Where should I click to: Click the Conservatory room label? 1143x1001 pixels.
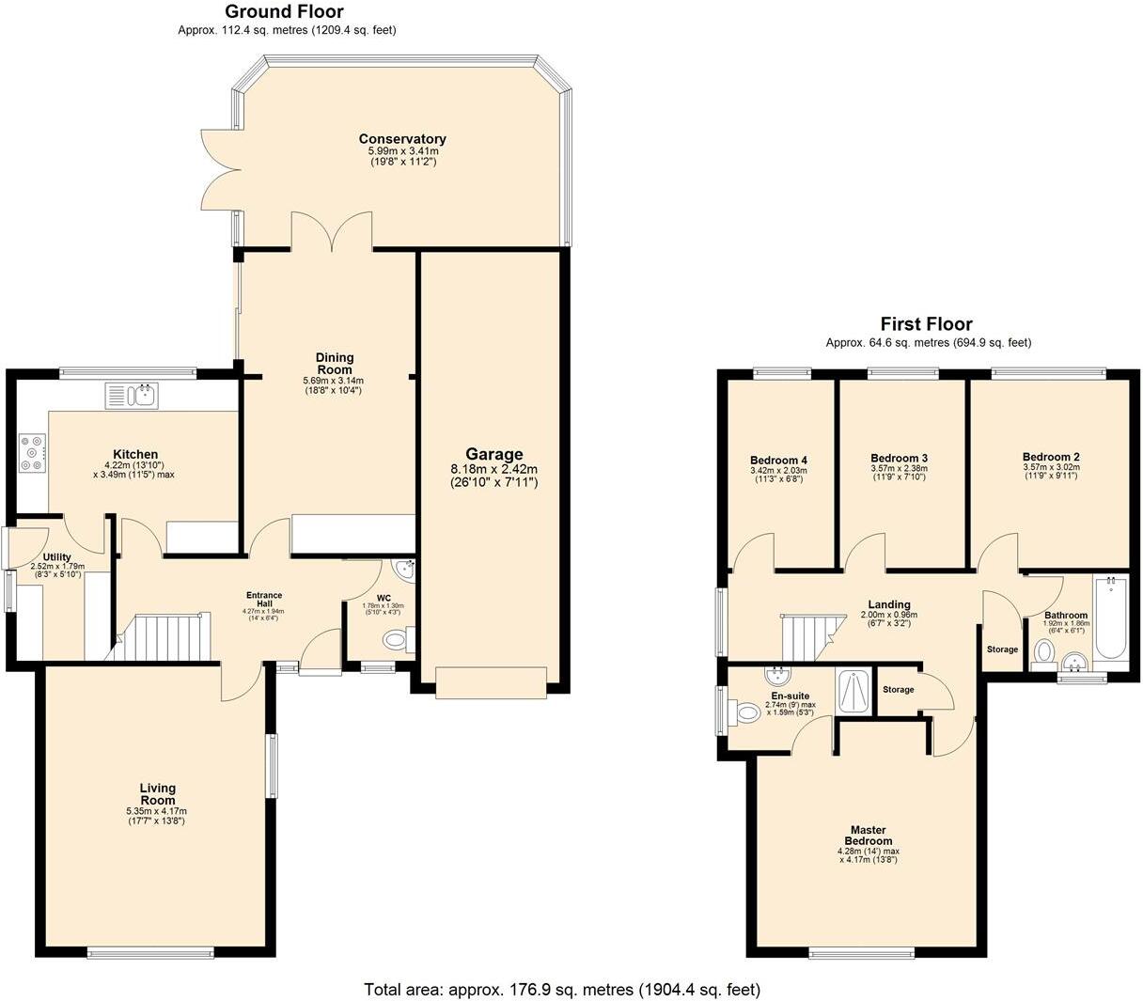(x=402, y=139)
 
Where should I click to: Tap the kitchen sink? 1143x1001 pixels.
(x=133, y=396)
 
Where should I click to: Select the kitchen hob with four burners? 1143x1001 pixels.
(x=32, y=451)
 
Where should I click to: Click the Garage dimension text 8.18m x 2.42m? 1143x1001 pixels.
(x=493, y=469)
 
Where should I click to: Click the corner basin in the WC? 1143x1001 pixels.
(x=406, y=569)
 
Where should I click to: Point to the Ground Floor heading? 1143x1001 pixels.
(x=284, y=12)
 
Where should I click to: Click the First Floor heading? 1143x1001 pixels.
(x=926, y=324)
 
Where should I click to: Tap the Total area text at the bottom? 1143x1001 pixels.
(x=562, y=990)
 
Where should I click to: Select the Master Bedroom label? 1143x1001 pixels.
(x=868, y=836)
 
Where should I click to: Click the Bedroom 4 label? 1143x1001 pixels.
(x=778, y=461)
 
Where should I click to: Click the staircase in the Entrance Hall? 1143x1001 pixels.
(x=164, y=637)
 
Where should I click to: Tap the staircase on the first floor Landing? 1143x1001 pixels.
(x=809, y=637)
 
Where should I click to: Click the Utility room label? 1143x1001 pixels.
(x=57, y=557)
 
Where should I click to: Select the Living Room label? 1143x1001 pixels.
(x=157, y=794)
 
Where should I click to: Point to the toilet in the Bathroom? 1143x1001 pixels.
(x=1043, y=651)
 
